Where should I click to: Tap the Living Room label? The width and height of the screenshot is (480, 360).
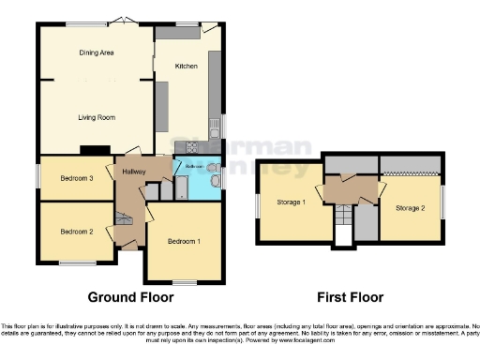point(95,117)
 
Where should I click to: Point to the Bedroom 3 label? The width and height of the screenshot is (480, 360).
point(76,178)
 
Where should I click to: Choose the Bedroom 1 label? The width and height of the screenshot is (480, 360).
point(184,242)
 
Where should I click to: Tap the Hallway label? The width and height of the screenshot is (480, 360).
point(130,172)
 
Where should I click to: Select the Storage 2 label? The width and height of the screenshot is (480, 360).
point(411,207)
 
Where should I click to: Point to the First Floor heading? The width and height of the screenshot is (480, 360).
point(349,297)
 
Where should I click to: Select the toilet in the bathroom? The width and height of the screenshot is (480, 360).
point(216,181)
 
